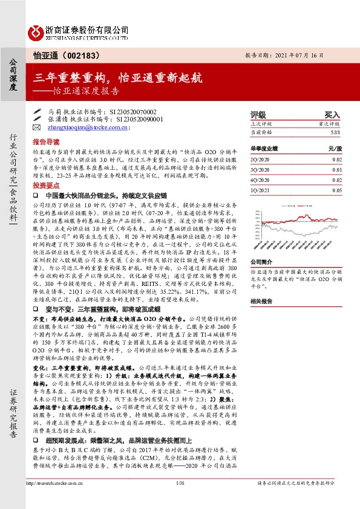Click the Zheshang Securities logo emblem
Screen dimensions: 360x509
(34, 31)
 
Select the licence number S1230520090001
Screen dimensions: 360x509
(136, 120)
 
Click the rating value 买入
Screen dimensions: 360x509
(332, 114)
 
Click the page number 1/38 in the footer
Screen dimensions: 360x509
(179, 501)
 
